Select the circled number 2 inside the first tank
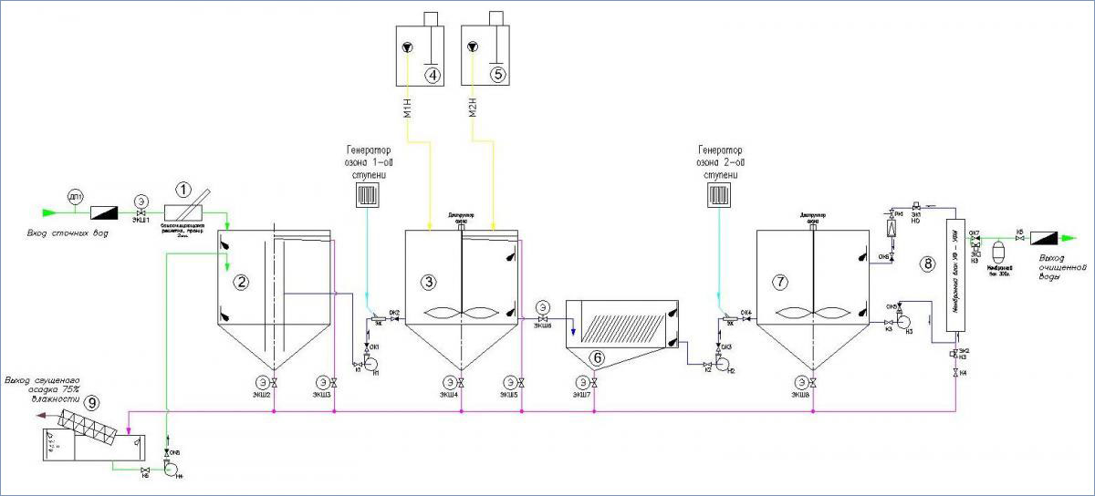(x=241, y=282)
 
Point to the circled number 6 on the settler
(x=598, y=358)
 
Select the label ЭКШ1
(x=141, y=220)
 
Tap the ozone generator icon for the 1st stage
(x=367, y=195)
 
